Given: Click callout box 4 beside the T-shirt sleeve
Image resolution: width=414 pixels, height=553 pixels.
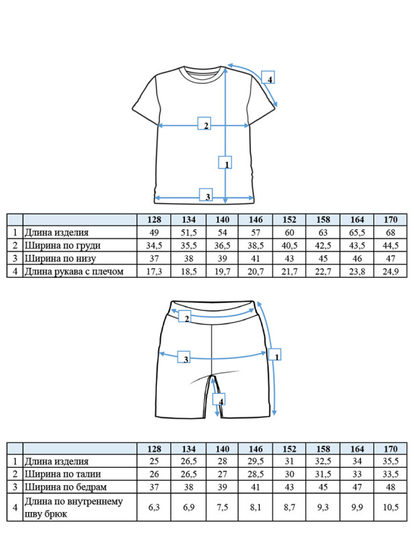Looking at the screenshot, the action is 268,77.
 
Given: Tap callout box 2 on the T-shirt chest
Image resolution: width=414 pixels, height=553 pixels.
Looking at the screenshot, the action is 204,123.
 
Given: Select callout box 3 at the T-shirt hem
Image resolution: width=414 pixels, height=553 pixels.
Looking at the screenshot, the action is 206,195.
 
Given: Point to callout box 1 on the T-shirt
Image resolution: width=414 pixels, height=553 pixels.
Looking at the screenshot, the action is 225,162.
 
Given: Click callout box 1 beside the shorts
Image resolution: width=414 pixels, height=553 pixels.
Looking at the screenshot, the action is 275,354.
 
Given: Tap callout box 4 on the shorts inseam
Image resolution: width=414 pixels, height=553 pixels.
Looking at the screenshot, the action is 219,399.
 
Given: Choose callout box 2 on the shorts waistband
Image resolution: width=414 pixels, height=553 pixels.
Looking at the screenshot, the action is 185,316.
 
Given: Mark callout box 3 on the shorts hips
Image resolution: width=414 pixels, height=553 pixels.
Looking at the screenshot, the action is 184,357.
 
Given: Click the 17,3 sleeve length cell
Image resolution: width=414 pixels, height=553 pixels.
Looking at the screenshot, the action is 154,272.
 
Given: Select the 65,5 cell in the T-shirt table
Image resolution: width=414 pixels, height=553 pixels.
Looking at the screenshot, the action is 357,233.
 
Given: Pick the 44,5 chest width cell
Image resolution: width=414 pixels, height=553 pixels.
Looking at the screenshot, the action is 391,246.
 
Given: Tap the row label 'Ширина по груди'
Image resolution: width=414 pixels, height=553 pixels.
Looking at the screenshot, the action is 63,246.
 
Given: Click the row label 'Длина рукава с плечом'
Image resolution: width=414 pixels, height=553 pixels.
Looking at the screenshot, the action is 74,272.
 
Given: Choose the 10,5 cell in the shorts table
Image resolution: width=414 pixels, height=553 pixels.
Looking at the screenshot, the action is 391,507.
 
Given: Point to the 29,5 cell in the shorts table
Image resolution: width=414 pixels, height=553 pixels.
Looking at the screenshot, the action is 256,461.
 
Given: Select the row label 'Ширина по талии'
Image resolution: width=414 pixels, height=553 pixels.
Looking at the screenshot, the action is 63,474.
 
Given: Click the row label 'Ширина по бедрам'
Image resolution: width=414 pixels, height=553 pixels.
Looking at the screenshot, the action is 66,487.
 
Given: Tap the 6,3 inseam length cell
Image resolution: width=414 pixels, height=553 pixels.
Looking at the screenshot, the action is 154,507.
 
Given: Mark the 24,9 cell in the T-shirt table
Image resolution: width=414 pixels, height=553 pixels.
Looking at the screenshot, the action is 391,272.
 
